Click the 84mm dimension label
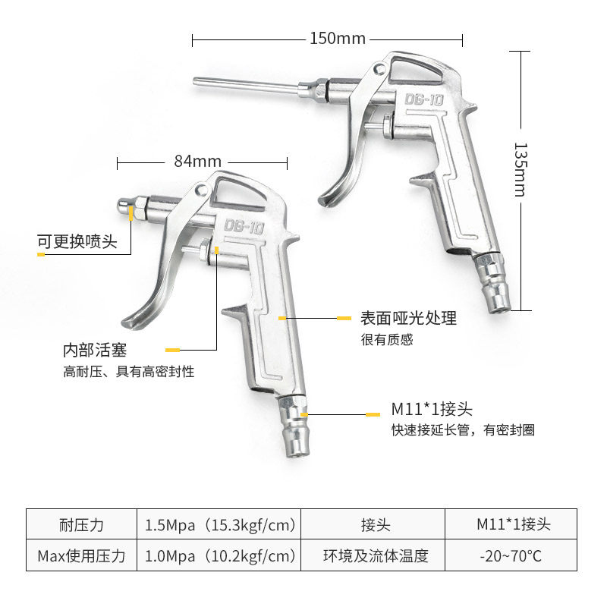197,161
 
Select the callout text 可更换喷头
77,242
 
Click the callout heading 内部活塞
94,351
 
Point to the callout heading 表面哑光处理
408,318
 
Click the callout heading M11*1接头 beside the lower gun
432,410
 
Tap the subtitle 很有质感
387,339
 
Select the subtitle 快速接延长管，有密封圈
463,430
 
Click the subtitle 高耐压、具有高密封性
128,372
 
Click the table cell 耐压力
81,524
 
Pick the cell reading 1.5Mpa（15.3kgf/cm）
220,524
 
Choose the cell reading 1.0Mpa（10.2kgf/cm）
220,556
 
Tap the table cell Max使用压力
81,556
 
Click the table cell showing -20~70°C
511,556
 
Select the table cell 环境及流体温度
376,556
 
